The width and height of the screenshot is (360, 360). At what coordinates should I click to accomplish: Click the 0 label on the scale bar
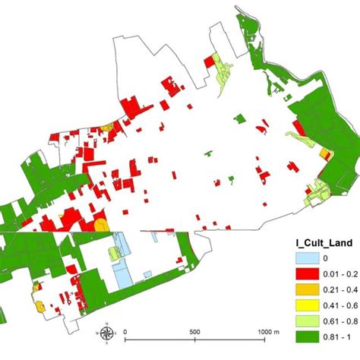(x=125, y=332)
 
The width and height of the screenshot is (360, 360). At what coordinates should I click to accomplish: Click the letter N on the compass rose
(x=107, y=324)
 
